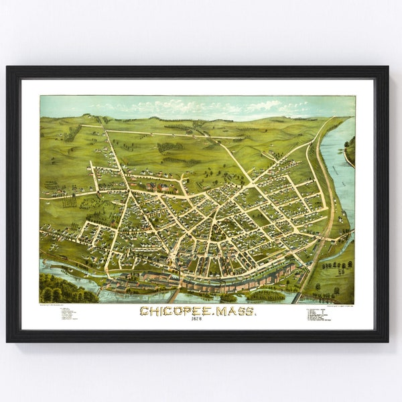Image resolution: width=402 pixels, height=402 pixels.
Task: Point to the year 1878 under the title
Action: coord(198,320)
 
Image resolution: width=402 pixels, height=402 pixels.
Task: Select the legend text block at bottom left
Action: coord(67,313)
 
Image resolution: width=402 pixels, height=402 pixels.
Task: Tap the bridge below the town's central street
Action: coord(174,294)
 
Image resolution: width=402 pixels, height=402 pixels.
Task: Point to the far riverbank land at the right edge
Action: coord(350,151)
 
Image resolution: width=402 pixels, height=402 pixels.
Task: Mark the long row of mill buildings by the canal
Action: coord(221,281)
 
